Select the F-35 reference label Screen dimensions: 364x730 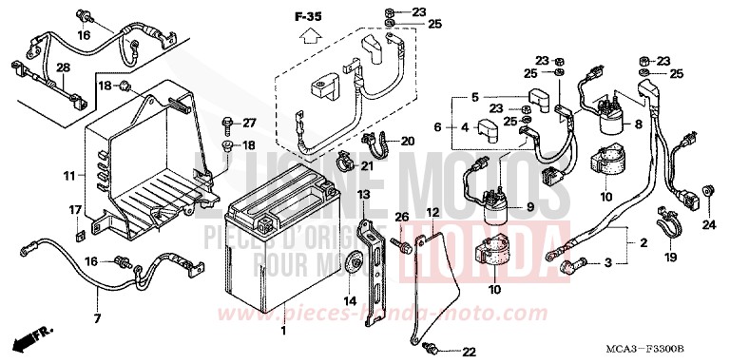pos(308,17)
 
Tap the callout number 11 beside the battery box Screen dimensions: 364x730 pos(69,176)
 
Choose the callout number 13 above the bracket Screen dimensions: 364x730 pos(362,195)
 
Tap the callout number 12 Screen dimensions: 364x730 pos(432,213)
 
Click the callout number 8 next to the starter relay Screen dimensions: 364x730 pos(664,125)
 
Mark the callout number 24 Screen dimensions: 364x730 pos(707,225)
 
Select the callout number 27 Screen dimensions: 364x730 pos(249,124)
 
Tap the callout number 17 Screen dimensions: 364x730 pos(73,209)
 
